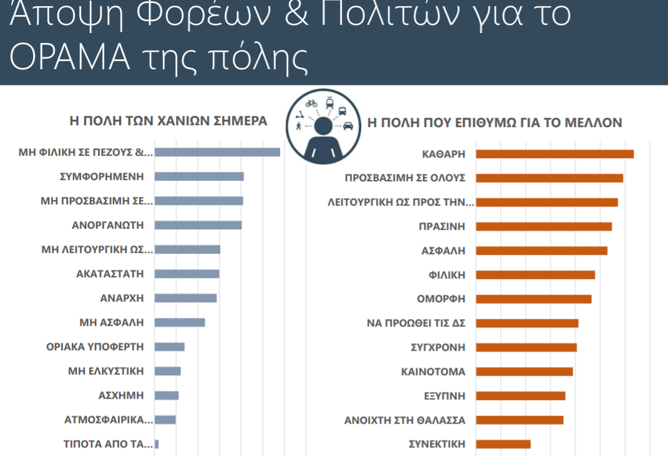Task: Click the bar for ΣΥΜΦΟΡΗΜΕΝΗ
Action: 199,176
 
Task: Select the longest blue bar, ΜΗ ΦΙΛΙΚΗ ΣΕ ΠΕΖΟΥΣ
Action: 217,152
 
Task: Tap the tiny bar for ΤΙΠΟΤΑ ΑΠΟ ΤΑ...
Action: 157,444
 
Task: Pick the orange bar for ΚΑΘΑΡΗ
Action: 554,154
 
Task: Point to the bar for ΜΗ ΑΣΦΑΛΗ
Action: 180,322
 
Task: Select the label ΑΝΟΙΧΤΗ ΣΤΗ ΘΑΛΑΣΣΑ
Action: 405,420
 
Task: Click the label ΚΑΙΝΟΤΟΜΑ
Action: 433,372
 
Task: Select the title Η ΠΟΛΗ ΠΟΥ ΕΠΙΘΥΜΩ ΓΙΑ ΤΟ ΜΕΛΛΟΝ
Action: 495,123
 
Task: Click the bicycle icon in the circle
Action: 311,103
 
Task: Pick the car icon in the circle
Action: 347,125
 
